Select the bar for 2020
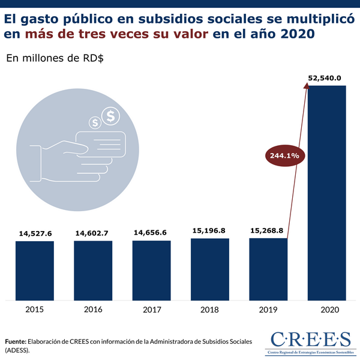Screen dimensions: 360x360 pyautogui.click(x=326, y=192)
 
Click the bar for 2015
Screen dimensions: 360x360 pyautogui.click(x=35, y=270)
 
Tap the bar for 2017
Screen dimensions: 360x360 pyautogui.click(x=151, y=270)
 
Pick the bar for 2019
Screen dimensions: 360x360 pyautogui.click(x=268, y=269)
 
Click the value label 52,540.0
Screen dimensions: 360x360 pyautogui.click(x=325, y=77)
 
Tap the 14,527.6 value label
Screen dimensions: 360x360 pyautogui.click(x=35, y=233)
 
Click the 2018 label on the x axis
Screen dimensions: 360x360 pyautogui.click(x=210, y=310)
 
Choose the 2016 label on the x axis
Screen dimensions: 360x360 pyautogui.click(x=93, y=310)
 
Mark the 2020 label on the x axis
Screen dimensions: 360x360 pyautogui.click(x=326, y=310)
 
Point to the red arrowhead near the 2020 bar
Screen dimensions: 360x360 pyautogui.click(x=306, y=87)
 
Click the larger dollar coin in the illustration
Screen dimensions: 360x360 pyautogui.click(x=110, y=116)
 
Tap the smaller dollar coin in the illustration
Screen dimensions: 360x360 pyautogui.click(x=95, y=122)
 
